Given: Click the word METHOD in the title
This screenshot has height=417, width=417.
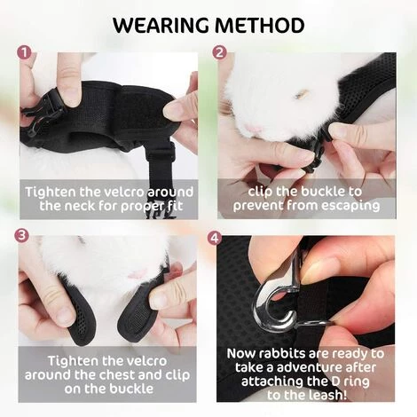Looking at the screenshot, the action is coord(260,25).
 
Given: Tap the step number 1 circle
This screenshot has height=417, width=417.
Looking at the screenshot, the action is coord(24,53).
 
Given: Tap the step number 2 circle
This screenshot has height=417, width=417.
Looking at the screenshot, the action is coord(219,52).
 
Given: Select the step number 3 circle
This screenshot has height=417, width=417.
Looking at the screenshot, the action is coord(21,236).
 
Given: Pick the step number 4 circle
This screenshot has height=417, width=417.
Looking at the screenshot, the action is coord(215,238).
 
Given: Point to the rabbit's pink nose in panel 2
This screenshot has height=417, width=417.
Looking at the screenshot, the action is coord(255,129).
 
